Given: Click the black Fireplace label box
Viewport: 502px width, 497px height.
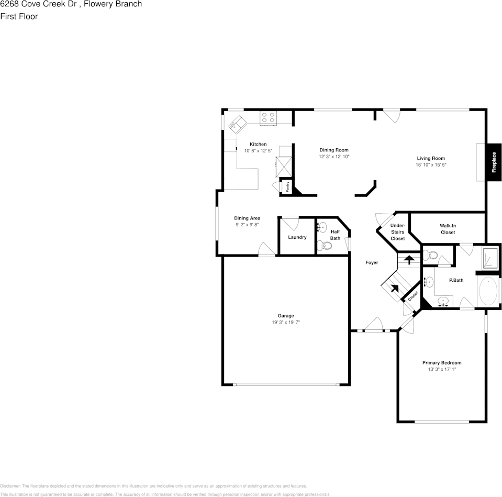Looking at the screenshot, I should [x=493, y=162].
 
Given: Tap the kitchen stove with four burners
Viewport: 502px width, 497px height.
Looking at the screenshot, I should [x=269, y=118].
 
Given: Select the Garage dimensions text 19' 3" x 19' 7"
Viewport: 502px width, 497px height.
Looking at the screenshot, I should [x=285, y=323].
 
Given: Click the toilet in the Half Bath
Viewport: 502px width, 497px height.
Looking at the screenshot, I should [x=322, y=245].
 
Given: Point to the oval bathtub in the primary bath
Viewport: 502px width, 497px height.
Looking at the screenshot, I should [x=488, y=292].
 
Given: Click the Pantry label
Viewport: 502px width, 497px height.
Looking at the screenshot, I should [x=287, y=187].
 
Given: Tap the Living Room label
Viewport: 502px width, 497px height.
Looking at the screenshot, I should [x=431, y=158].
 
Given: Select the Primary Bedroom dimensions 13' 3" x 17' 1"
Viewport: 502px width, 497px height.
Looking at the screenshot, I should [x=442, y=369].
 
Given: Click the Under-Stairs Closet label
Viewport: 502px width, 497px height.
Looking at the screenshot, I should [x=398, y=232].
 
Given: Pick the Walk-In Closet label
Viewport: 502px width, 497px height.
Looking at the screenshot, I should [x=448, y=229].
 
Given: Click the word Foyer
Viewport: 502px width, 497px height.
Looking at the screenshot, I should [x=372, y=262].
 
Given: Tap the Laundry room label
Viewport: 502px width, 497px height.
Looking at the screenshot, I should [x=297, y=237].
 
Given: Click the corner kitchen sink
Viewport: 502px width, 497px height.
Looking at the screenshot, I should [x=235, y=123].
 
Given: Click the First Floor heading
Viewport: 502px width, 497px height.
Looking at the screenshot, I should [x=19, y=16].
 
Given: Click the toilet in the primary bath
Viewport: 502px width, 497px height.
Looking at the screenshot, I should [x=432, y=255].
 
